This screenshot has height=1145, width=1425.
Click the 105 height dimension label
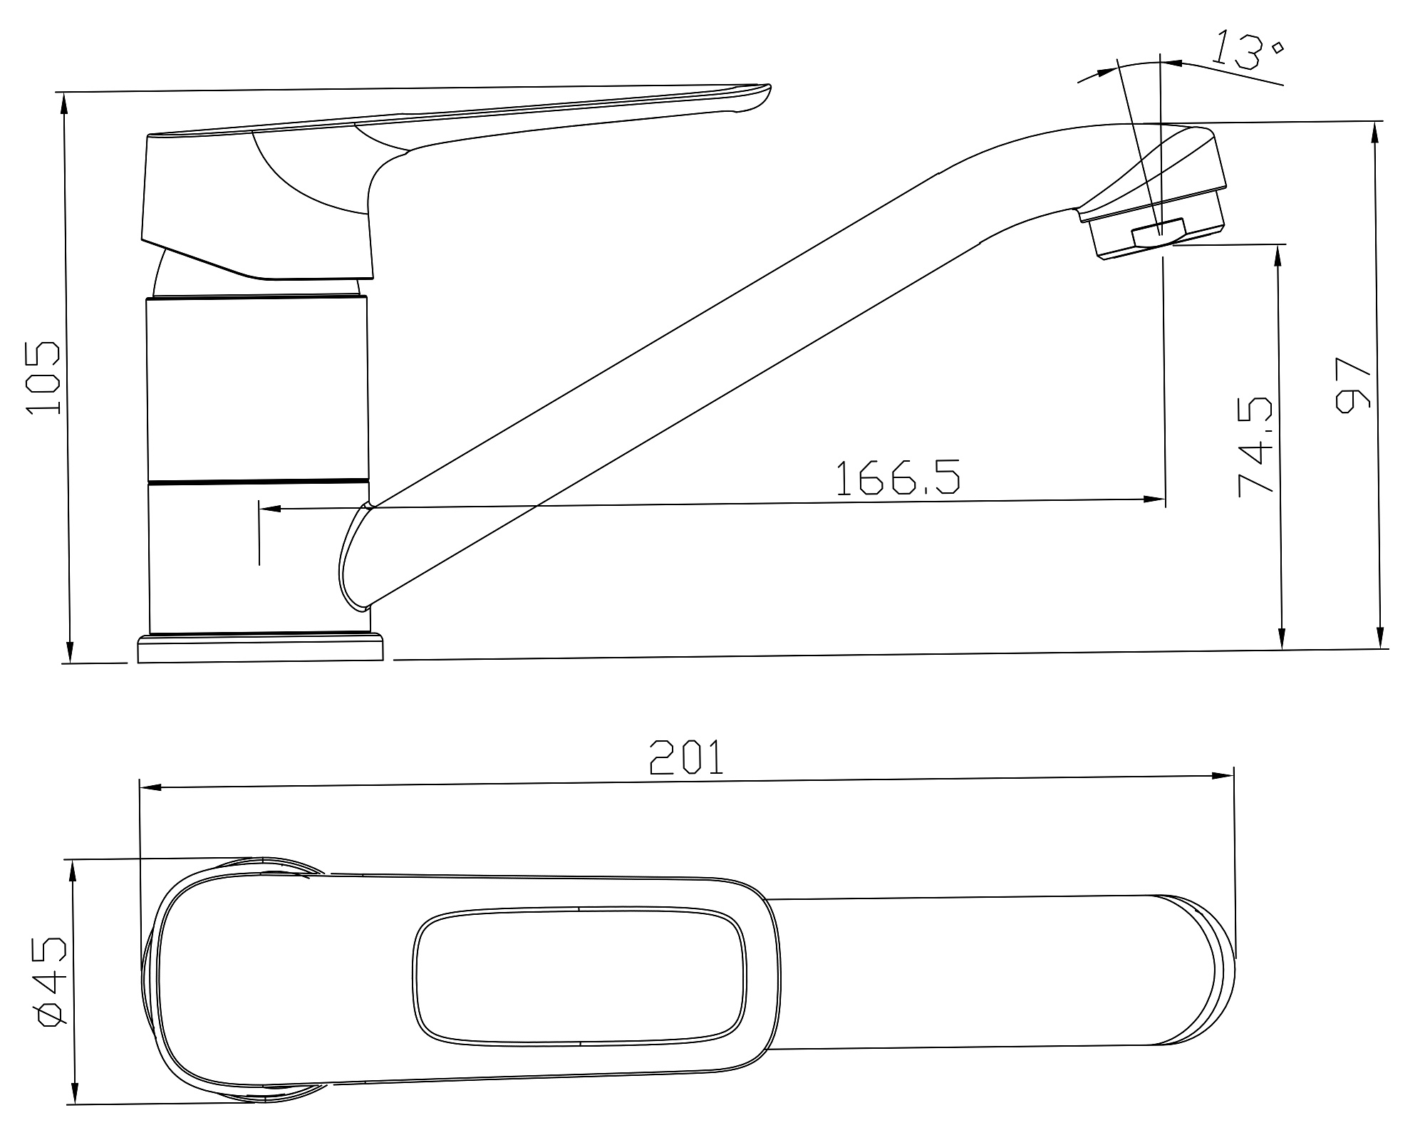[43, 378]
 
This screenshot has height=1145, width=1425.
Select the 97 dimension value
[1352, 385]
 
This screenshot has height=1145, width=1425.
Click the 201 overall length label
[686, 757]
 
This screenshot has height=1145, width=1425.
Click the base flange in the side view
[260, 648]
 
